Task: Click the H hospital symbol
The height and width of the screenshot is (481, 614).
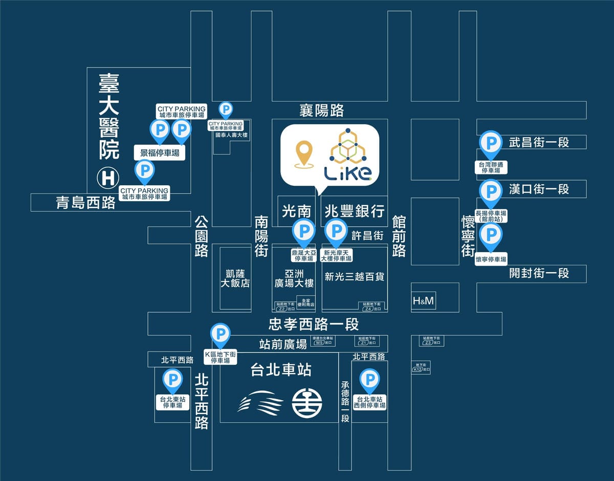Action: coord(108,179)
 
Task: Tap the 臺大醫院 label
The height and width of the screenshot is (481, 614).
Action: coord(108,116)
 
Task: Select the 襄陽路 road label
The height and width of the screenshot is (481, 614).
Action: coord(321,110)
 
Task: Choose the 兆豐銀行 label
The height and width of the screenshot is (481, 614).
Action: coord(355,211)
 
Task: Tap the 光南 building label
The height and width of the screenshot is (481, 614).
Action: coord(297,211)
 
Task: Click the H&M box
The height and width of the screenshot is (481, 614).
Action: coord(423,301)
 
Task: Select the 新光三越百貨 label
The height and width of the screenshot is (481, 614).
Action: coord(355,277)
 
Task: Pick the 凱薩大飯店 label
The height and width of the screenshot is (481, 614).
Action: coord(235,277)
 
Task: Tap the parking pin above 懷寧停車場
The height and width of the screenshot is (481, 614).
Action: coord(491,236)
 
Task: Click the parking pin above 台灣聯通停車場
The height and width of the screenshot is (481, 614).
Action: coord(490,143)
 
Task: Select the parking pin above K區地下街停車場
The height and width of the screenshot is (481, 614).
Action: coord(221,335)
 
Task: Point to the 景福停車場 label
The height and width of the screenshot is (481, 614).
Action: coord(160,152)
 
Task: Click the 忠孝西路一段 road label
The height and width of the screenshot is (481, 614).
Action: coord(314,324)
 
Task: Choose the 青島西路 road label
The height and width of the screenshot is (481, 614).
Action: coord(86,203)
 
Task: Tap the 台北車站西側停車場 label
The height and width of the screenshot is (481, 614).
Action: coord(369,402)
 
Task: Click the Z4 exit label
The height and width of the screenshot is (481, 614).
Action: coord(371,308)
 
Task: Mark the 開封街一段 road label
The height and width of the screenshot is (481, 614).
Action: coord(539,273)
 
